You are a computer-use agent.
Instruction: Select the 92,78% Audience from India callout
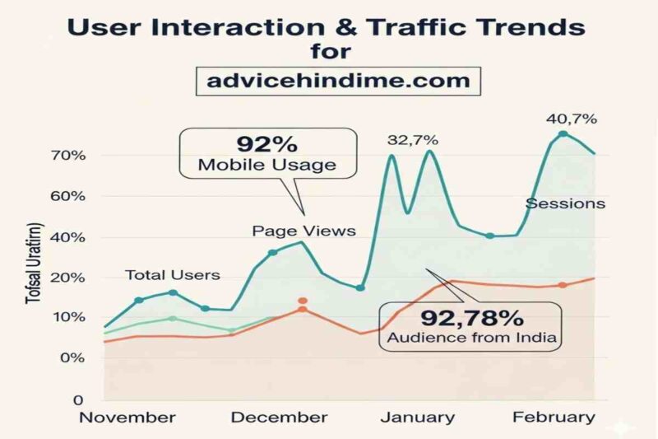pos(469,326)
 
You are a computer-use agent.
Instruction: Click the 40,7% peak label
pos(572,119)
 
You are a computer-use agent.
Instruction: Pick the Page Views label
pos(304,231)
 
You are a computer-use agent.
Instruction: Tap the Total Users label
pos(172,274)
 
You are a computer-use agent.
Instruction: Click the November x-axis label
pos(127,417)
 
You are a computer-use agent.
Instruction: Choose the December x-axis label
pos(279,417)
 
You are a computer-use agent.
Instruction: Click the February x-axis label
pos(554,417)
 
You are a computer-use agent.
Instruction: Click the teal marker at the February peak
pos(563,134)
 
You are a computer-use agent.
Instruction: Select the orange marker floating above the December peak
pos(303,301)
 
